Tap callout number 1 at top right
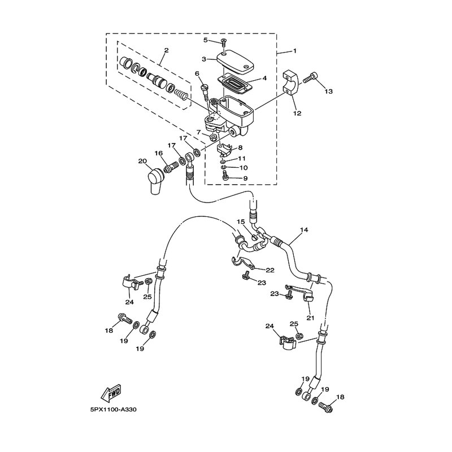[x=294, y=51]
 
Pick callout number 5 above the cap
[x=207, y=40]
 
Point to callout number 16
[x=159, y=153]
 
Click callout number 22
[x=270, y=270]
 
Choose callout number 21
[x=310, y=318]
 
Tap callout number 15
[x=240, y=222]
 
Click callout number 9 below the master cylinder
[x=245, y=179]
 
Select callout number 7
[x=199, y=132]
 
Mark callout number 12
[x=297, y=113]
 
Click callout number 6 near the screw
[x=197, y=73]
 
